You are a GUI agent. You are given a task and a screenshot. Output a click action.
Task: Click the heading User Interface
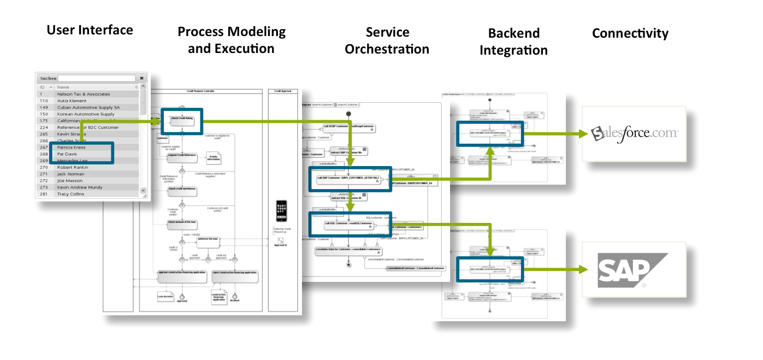90,30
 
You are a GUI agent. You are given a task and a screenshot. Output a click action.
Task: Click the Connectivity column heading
630,33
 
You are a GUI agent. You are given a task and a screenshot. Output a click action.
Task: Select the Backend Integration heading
513,42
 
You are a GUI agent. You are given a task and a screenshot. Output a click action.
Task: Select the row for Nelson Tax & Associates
84,94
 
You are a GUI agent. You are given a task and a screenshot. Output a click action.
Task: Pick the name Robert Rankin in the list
73,167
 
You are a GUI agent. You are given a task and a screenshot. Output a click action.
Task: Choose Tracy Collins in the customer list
71,194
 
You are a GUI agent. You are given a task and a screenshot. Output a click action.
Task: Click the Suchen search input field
97,78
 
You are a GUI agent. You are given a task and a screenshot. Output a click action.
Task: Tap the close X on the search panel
141,78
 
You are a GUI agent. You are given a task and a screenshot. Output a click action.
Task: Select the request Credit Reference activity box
182,156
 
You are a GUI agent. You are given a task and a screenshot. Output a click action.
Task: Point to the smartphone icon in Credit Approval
281,211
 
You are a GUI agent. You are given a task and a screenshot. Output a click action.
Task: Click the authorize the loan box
208,239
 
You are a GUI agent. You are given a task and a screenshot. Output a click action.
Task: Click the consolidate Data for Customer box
348,250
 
